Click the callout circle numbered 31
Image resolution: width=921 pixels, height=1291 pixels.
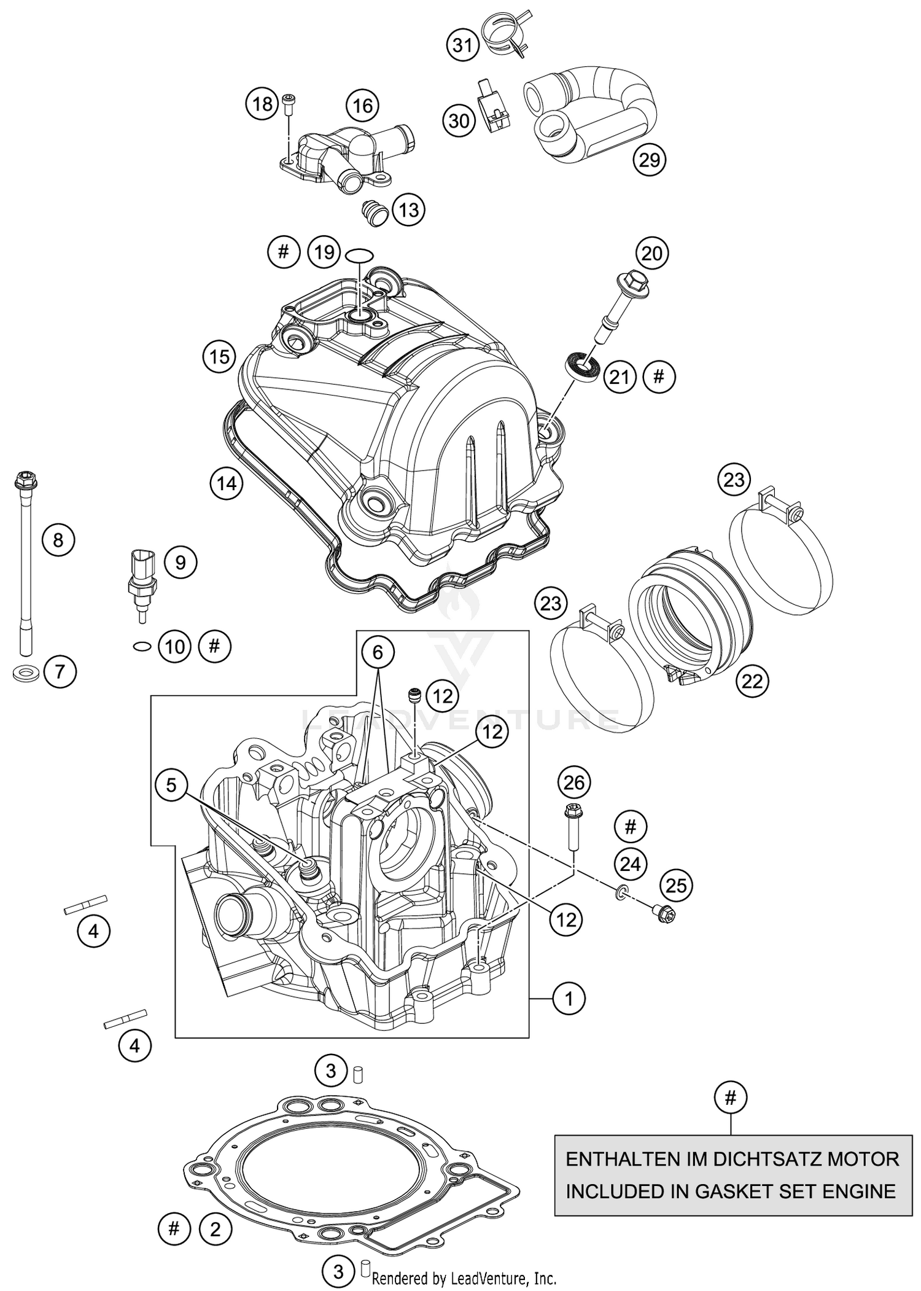tap(462, 45)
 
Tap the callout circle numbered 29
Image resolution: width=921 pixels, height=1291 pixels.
tap(650, 160)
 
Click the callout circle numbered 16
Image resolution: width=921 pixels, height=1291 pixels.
tap(362, 106)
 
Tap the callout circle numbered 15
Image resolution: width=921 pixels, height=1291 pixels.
tap(219, 357)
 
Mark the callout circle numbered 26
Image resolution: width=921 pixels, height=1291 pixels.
tap(574, 782)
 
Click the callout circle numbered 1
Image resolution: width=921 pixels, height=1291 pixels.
tap(569, 999)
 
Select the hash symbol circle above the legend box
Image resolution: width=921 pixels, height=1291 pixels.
tap(731, 1098)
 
